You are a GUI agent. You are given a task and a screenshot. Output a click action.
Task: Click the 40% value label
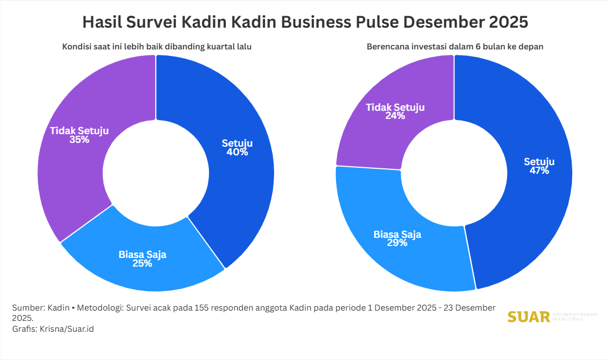tap(237, 153)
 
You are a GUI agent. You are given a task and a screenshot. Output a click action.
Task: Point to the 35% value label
tap(79, 140)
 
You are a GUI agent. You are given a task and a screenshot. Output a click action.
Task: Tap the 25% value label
tap(142, 264)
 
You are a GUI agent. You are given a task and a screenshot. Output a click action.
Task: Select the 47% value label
tap(539, 171)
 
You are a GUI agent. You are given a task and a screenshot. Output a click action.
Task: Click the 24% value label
tap(395, 116)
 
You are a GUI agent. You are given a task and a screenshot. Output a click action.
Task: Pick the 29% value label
tap(397, 243)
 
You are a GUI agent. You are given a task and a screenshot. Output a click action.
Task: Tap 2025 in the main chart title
tap(508, 23)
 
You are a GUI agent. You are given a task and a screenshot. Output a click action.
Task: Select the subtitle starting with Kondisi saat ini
tap(156, 47)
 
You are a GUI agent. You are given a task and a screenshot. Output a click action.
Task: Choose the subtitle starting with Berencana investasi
tap(455, 47)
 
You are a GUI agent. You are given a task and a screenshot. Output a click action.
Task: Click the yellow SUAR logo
tap(529, 317)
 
